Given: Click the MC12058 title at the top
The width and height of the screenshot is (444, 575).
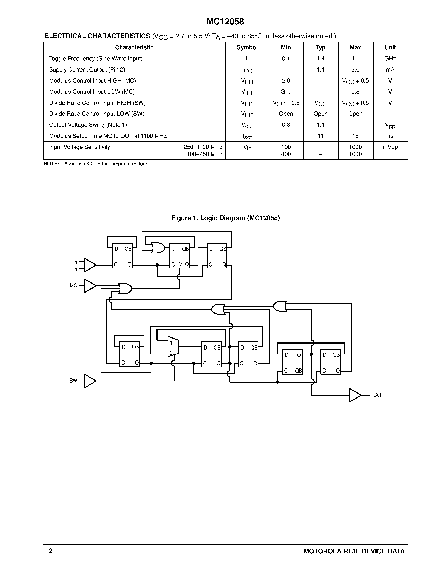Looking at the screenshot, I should [225, 22].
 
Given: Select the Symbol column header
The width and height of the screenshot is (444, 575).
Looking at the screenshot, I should [247, 47].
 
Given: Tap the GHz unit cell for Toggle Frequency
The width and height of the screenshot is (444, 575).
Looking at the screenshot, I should [390, 59].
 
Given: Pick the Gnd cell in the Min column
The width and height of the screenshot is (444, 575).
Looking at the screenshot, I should [286, 92].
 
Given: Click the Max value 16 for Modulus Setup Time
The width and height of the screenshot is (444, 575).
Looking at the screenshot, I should [355, 136].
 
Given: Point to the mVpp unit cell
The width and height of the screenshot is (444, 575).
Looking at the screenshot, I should [390, 147].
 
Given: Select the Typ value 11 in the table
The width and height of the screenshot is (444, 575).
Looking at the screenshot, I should [320, 136].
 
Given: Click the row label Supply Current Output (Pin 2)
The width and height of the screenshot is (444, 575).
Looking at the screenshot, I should [87, 70].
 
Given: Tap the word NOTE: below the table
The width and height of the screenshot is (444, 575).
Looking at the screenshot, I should [51, 164].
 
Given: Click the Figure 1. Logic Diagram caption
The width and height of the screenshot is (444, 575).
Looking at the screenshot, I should [225, 218].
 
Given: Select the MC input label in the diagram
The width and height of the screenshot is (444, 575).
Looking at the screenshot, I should [73, 285].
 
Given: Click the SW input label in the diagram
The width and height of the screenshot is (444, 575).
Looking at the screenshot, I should [73, 381].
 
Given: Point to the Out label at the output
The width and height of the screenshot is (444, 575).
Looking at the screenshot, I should [377, 395].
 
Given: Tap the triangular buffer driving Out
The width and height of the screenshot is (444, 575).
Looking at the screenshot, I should [355, 395].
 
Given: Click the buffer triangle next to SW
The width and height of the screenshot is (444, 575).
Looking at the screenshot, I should [90, 381].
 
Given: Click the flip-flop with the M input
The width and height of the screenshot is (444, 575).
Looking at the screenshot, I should [180, 255].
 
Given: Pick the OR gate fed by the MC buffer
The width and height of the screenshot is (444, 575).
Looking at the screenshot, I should [125, 289].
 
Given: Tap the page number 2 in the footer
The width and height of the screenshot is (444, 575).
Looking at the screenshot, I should [50, 551].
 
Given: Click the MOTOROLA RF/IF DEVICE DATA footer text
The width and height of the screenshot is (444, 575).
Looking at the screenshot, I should [354, 551].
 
